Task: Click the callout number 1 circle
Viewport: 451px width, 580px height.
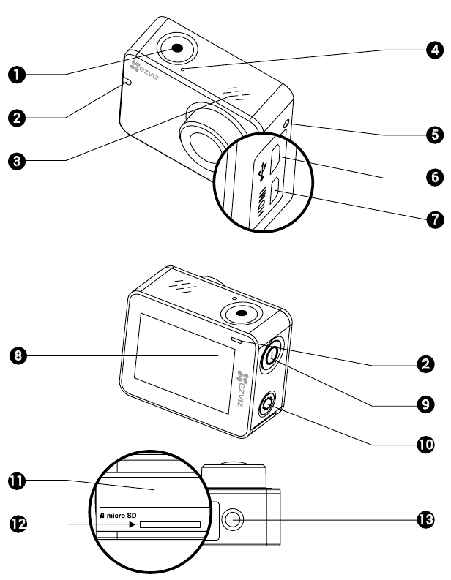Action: (x=17, y=75)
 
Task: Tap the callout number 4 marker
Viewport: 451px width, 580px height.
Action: (x=435, y=50)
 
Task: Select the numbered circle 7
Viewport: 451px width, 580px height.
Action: (x=435, y=219)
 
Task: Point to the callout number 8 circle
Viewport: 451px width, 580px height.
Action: (x=18, y=356)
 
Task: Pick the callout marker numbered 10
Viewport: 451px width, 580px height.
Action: (x=426, y=444)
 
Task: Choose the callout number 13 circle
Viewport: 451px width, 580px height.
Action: (x=426, y=520)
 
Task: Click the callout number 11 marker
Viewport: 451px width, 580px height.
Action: (x=17, y=481)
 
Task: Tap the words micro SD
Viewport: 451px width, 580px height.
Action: (x=122, y=515)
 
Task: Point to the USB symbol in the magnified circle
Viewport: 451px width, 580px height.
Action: (x=263, y=172)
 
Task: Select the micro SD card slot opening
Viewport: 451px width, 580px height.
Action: (x=170, y=524)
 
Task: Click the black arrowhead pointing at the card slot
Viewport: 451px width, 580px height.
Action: (x=133, y=524)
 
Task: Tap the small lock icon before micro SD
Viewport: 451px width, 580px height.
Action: (x=102, y=515)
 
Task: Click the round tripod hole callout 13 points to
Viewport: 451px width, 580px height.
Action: (x=233, y=519)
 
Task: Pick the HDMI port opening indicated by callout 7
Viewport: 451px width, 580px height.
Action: (x=275, y=191)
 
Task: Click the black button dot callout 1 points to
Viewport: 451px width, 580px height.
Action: (x=177, y=48)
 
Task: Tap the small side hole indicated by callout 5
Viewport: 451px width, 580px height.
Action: (x=287, y=124)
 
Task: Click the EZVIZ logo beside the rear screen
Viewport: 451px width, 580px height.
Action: (x=242, y=388)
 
